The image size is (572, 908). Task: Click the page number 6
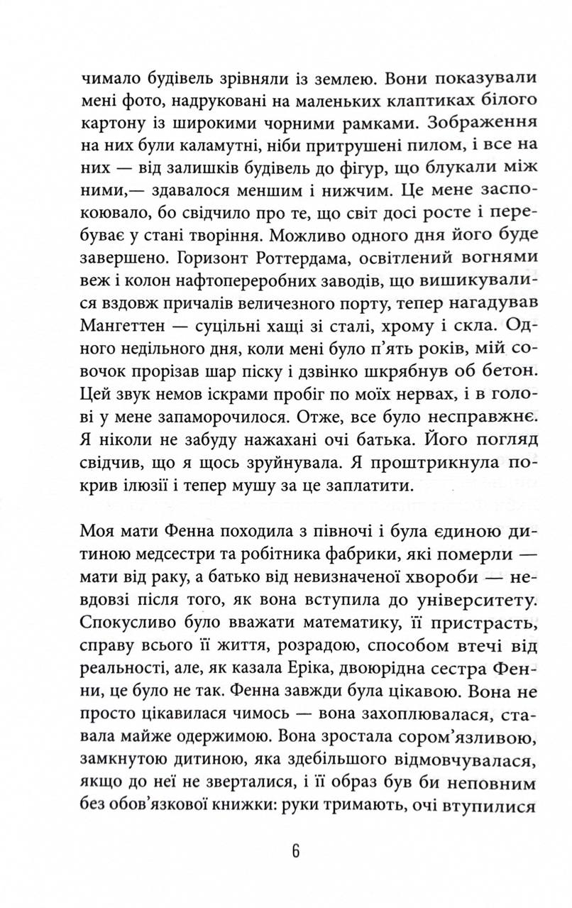(x=295, y=851)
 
